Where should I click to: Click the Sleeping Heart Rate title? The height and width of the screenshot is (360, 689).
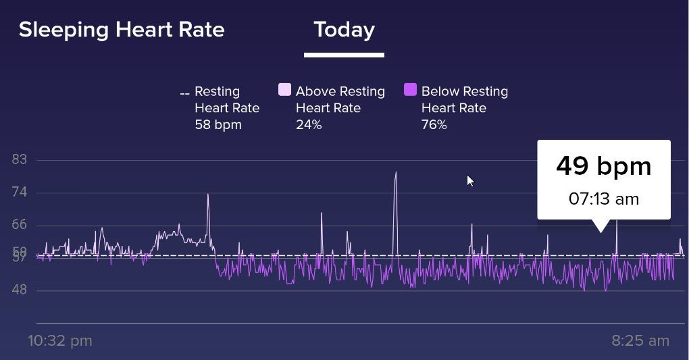122,30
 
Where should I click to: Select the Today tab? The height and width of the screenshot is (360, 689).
344,30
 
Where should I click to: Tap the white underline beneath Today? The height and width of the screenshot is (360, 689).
344,55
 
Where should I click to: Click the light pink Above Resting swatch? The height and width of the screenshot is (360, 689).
284,91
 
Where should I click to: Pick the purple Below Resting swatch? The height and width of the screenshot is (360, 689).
410,91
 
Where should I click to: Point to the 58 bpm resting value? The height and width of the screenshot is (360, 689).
218,125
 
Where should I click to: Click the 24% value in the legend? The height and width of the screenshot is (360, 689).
309,125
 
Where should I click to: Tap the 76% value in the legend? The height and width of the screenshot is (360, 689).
434,125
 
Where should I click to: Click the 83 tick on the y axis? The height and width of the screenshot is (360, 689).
19,160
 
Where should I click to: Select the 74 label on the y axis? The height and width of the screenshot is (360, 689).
19,192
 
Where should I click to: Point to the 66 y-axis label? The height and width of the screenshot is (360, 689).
19,225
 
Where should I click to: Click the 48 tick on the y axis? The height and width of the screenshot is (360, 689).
19,290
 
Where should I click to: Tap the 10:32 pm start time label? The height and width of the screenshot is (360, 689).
60,340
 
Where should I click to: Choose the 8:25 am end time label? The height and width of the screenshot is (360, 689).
640,340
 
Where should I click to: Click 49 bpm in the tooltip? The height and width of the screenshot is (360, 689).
603,166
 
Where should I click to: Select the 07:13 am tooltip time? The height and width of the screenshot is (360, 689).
603,199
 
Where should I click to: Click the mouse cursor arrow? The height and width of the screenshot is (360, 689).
470,180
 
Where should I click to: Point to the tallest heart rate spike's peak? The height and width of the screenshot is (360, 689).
395,173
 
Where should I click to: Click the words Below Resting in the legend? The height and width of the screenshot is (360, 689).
464,91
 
